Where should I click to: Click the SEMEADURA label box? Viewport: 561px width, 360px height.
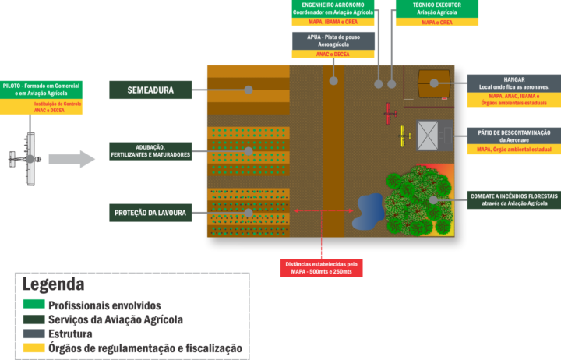click(x=150, y=90)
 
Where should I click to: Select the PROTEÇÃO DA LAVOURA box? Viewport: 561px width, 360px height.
click(x=150, y=213)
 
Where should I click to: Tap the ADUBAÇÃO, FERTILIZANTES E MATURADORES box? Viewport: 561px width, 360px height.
click(x=150, y=151)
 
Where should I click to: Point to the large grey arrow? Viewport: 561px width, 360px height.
click(x=71, y=159)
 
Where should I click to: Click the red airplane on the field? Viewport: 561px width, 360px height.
click(x=390, y=114)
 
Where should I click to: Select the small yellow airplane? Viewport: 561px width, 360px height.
click(x=404, y=136)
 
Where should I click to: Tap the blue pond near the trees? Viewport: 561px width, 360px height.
click(x=369, y=210)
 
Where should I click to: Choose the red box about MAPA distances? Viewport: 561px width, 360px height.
click(x=322, y=268)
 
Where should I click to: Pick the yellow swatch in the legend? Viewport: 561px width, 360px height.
click(x=34, y=348)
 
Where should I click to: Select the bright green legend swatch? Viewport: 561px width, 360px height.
click(x=34, y=304)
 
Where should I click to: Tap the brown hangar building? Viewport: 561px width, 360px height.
click(x=434, y=83)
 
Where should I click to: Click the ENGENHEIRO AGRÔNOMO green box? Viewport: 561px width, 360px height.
click(x=333, y=9)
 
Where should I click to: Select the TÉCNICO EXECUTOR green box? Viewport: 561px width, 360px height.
click(x=436, y=9)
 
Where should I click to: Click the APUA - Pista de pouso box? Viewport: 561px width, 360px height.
click(x=333, y=40)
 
